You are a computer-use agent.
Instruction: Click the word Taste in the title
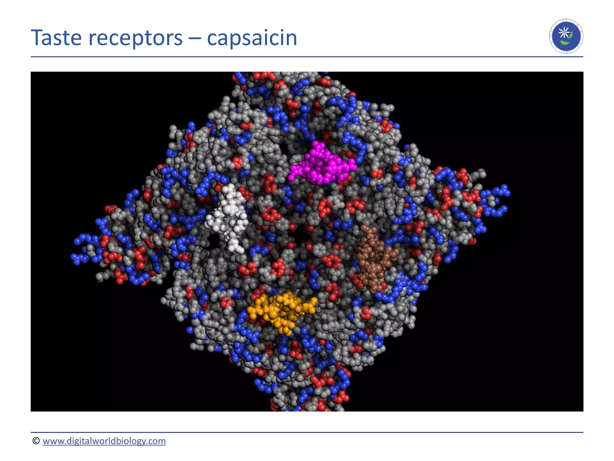56,38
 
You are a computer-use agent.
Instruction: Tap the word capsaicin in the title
252,38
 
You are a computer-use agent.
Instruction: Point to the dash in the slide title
195,38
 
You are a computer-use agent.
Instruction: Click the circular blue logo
566,36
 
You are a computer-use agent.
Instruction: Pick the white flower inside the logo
565,32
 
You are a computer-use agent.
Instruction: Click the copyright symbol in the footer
36,441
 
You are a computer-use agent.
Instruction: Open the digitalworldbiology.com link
104,441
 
